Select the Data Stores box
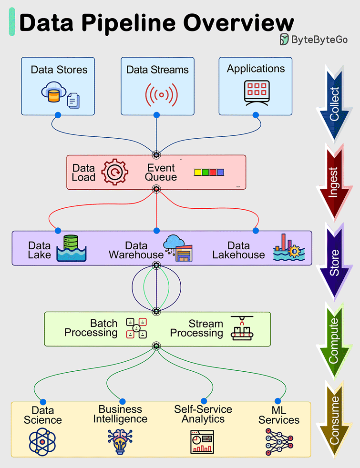pyautogui.click(x=58, y=86)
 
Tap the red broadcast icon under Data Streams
pyautogui.click(x=161, y=94)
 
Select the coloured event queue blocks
pyautogui.click(x=209, y=172)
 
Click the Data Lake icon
pyautogui.click(x=71, y=248)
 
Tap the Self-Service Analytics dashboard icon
pyautogui.click(x=202, y=442)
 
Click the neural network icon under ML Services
pyautogui.click(x=279, y=442)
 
